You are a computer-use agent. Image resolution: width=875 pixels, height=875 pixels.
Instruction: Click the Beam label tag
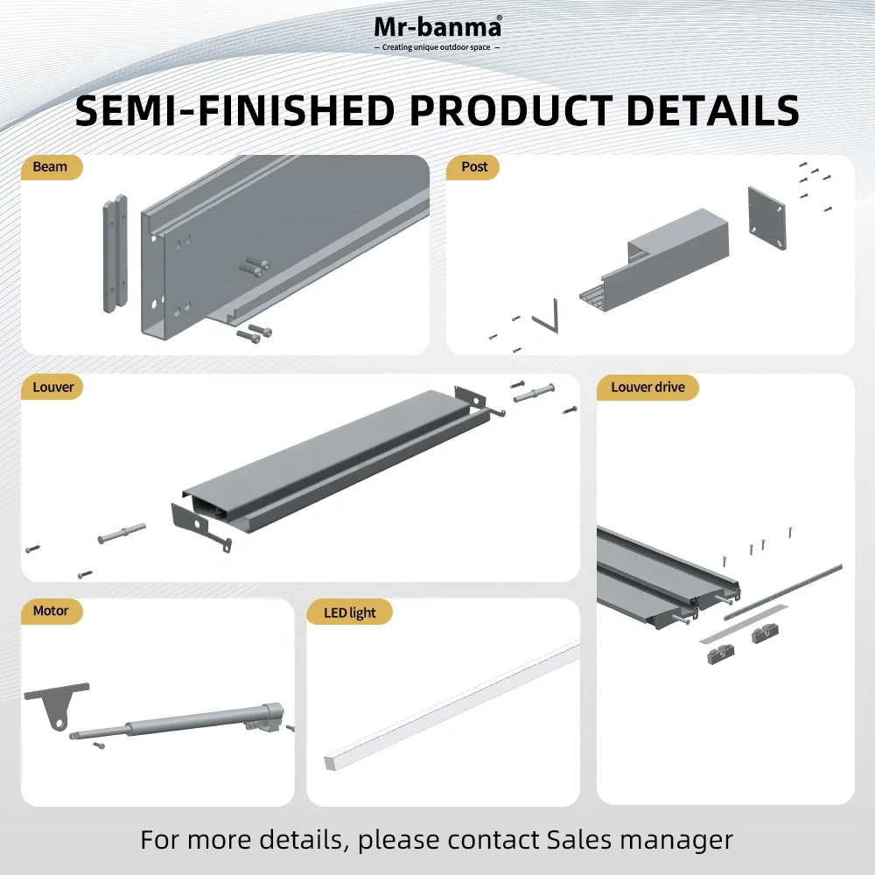point(51,167)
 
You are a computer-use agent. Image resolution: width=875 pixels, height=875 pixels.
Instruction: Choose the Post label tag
point(473,167)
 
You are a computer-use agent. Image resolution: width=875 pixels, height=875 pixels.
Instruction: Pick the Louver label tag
point(52,386)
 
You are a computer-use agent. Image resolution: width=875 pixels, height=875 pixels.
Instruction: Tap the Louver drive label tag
point(647,386)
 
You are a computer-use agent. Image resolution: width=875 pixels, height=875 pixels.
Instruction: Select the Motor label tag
point(51,611)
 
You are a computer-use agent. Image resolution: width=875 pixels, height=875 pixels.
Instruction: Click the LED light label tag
point(350,612)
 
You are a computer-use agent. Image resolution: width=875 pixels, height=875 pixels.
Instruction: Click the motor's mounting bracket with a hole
point(54,705)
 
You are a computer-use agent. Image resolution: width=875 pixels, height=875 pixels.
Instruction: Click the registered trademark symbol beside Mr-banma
point(499,18)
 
